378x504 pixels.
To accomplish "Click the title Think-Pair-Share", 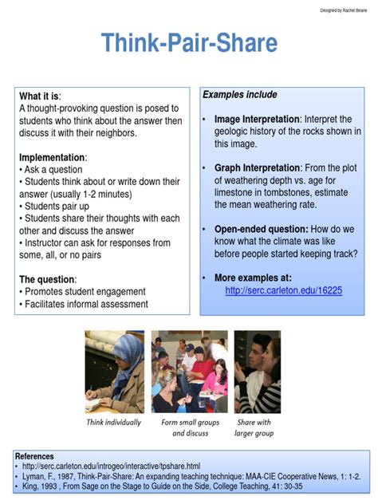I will [189, 43].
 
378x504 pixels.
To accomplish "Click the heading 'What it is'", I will [39, 96].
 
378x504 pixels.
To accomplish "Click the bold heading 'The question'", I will [47, 280].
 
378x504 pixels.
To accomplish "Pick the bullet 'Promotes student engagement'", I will [85, 292].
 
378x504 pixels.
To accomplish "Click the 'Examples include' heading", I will [239, 95].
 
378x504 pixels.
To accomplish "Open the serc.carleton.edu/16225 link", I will [283, 290].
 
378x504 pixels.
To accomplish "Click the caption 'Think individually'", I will [114, 423].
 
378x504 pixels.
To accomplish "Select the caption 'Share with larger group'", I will [254, 428].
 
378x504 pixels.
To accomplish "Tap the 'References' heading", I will [34, 457].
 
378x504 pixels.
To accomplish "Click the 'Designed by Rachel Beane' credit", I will [343, 10].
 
